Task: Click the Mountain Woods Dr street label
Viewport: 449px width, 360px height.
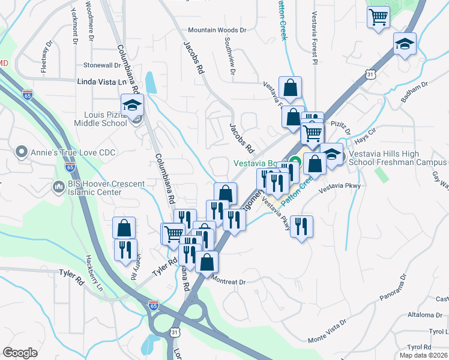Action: tap(217, 29)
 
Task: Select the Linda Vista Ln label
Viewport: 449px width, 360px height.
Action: tap(103, 81)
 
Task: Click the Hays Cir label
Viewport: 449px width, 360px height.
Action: tap(366, 134)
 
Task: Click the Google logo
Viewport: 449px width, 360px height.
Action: tap(20, 353)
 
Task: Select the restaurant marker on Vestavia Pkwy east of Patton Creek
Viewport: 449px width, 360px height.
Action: tap(301, 226)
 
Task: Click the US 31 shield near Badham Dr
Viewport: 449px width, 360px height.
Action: tap(371, 74)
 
